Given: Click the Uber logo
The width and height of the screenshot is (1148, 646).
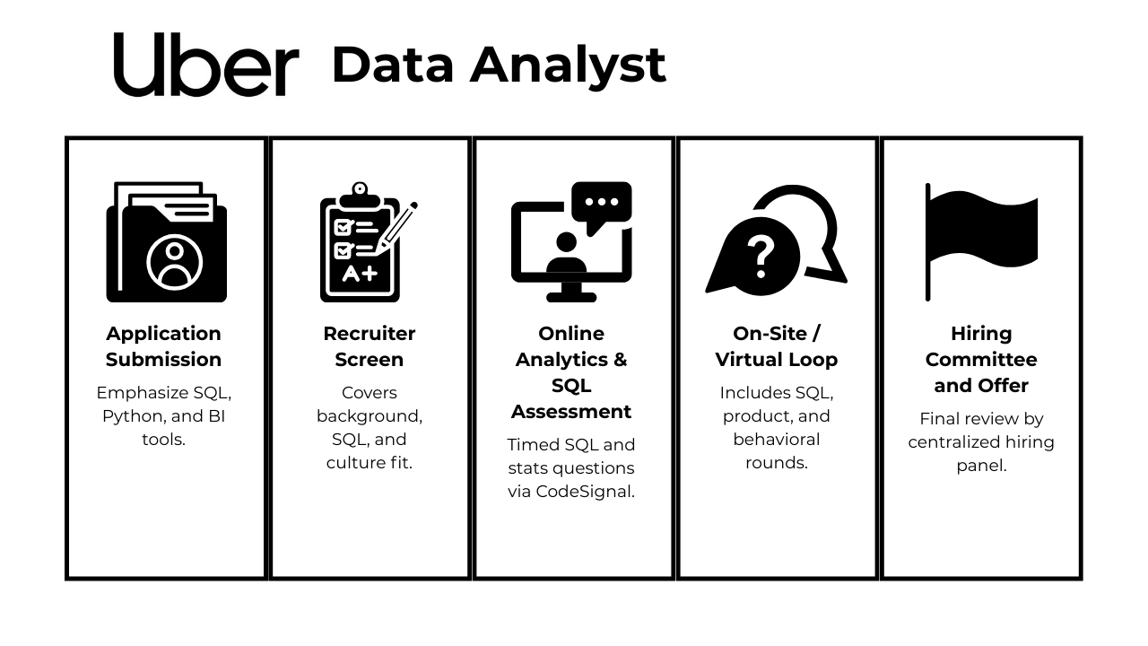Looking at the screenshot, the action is [x=206, y=64].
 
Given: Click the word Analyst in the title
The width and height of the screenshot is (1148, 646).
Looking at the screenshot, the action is [x=568, y=66].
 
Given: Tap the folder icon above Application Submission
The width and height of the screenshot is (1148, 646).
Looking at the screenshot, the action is [x=167, y=241].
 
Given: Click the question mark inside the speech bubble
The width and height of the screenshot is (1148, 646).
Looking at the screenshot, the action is [x=761, y=257].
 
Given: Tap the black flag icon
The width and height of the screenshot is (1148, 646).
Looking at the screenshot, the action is [x=981, y=241].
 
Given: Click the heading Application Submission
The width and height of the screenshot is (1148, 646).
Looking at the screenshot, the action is [x=163, y=346].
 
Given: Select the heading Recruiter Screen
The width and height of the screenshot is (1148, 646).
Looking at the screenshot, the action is [x=369, y=346].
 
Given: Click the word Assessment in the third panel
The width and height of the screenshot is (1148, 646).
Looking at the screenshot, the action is [x=571, y=411].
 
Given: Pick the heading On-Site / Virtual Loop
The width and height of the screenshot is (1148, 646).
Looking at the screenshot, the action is [x=777, y=346].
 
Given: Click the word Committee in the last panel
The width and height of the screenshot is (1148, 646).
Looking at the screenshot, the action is [x=981, y=360].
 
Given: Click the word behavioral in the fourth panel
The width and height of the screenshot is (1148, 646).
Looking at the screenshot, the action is [x=777, y=440].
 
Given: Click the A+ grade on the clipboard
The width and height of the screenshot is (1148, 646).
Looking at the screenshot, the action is [x=360, y=274].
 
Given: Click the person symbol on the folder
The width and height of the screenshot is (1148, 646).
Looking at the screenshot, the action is [x=174, y=263].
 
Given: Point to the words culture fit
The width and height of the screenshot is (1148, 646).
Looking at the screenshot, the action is [x=369, y=463].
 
